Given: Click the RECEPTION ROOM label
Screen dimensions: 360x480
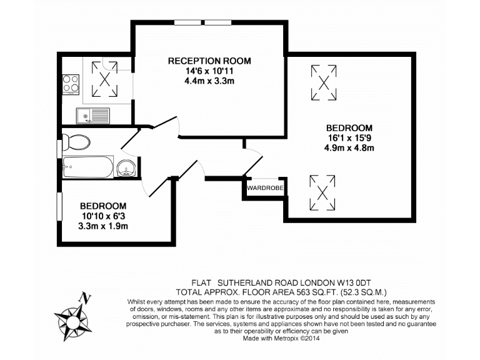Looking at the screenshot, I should [x=209, y=61].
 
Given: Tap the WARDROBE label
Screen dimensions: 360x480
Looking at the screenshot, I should [x=264, y=187].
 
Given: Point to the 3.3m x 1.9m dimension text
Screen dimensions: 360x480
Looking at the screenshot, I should [x=103, y=226].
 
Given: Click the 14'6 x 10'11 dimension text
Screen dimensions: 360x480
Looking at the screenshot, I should [x=209, y=71].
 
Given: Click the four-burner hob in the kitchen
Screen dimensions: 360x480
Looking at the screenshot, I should [x=71, y=83].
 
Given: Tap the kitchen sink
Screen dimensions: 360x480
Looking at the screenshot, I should [x=92, y=115].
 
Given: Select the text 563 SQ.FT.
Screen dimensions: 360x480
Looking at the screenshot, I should [x=304, y=291].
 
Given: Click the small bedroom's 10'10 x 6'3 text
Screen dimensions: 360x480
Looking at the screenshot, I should [x=103, y=216].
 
